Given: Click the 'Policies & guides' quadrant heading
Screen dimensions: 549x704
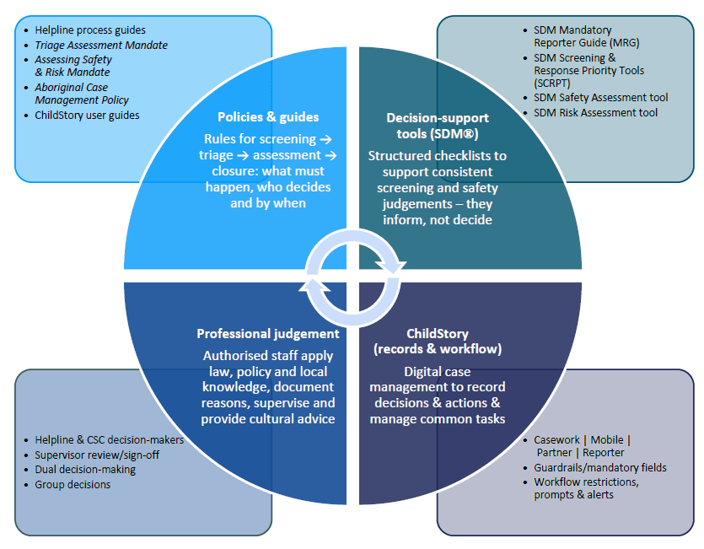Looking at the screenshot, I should pyautogui.click(x=268, y=117).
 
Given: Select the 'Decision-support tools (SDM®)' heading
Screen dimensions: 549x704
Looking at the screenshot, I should pyautogui.click(x=437, y=126).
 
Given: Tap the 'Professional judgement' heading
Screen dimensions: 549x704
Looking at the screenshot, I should pyautogui.click(x=268, y=334).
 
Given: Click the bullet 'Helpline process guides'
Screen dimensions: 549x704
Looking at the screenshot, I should pyautogui.click(x=90, y=30).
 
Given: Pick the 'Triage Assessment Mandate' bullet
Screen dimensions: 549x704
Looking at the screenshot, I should pyautogui.click(x=101, y=46).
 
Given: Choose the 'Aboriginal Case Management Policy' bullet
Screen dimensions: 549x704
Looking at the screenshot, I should pyautogui.click(x=82, y=94).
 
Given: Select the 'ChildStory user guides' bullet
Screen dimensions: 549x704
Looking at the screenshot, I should pyautogui.click(x=87, y=115).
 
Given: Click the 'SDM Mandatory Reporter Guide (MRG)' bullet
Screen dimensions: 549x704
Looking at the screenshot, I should pyautogui.click(x=572, y=36).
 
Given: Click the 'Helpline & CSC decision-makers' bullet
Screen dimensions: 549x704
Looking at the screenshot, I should pyautogui.click(x=109, y=439).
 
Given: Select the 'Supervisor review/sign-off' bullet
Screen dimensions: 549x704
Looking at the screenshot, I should pyautogui.click(x=97, y=455).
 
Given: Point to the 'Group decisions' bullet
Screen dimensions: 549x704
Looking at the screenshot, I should pyautogui.click(x=73, y=485).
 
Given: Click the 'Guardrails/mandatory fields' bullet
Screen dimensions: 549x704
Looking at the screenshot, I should pyautogui.click(x=600, y=467).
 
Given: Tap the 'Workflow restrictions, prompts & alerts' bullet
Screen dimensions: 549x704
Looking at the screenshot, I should pyautogui.click(x=586, y=488).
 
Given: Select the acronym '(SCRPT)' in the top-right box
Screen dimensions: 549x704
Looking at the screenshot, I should pyautogui.click(x=552, y=83).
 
